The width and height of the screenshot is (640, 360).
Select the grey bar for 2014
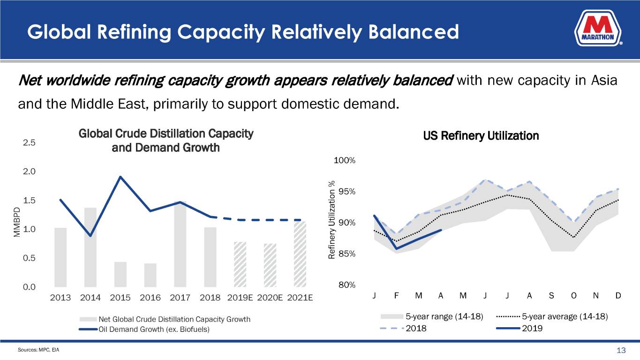pos(90,247)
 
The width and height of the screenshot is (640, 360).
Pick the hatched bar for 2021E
pos(300,254)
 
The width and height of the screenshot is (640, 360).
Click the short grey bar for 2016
pos(150,275)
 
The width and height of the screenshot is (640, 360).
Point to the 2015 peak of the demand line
pos(120,177)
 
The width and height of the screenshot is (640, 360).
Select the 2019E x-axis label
pos(240,298)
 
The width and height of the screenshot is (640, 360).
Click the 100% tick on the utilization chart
pos(345,161)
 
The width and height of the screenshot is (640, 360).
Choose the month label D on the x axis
pos(618,296)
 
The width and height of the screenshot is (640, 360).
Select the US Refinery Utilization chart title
pos(481,136)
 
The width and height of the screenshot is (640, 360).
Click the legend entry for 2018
pos(416,328)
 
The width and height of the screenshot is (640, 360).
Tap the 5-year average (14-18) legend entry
pos(565,316)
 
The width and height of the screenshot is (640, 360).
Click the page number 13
pos(622,351)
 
